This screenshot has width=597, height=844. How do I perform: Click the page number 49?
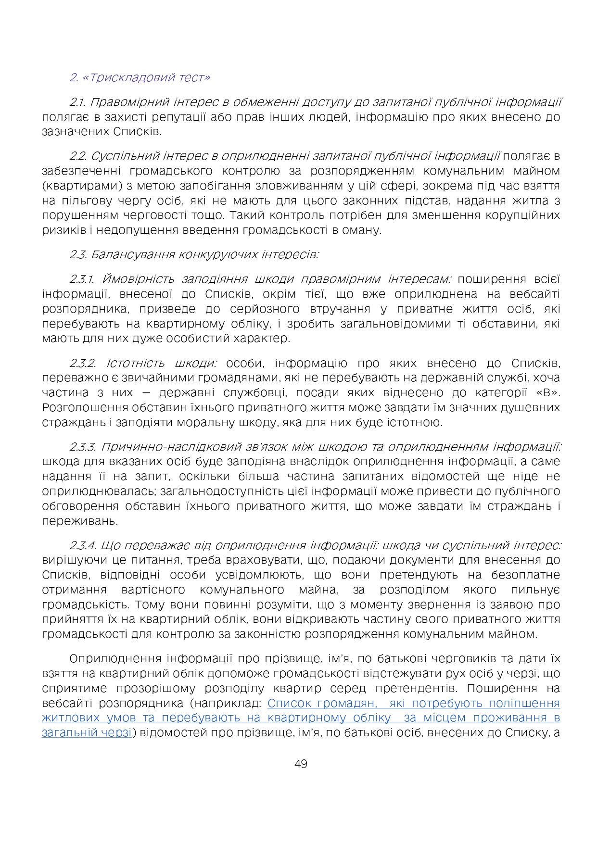pos(301,764)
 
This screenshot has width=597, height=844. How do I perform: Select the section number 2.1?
pos(77,102)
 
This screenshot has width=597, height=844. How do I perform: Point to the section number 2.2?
pos(78,156)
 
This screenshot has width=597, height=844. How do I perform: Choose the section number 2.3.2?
pos(83,363)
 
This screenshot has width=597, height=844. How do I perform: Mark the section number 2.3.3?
pos(84,447)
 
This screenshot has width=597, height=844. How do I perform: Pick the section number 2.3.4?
pos(84,545)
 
